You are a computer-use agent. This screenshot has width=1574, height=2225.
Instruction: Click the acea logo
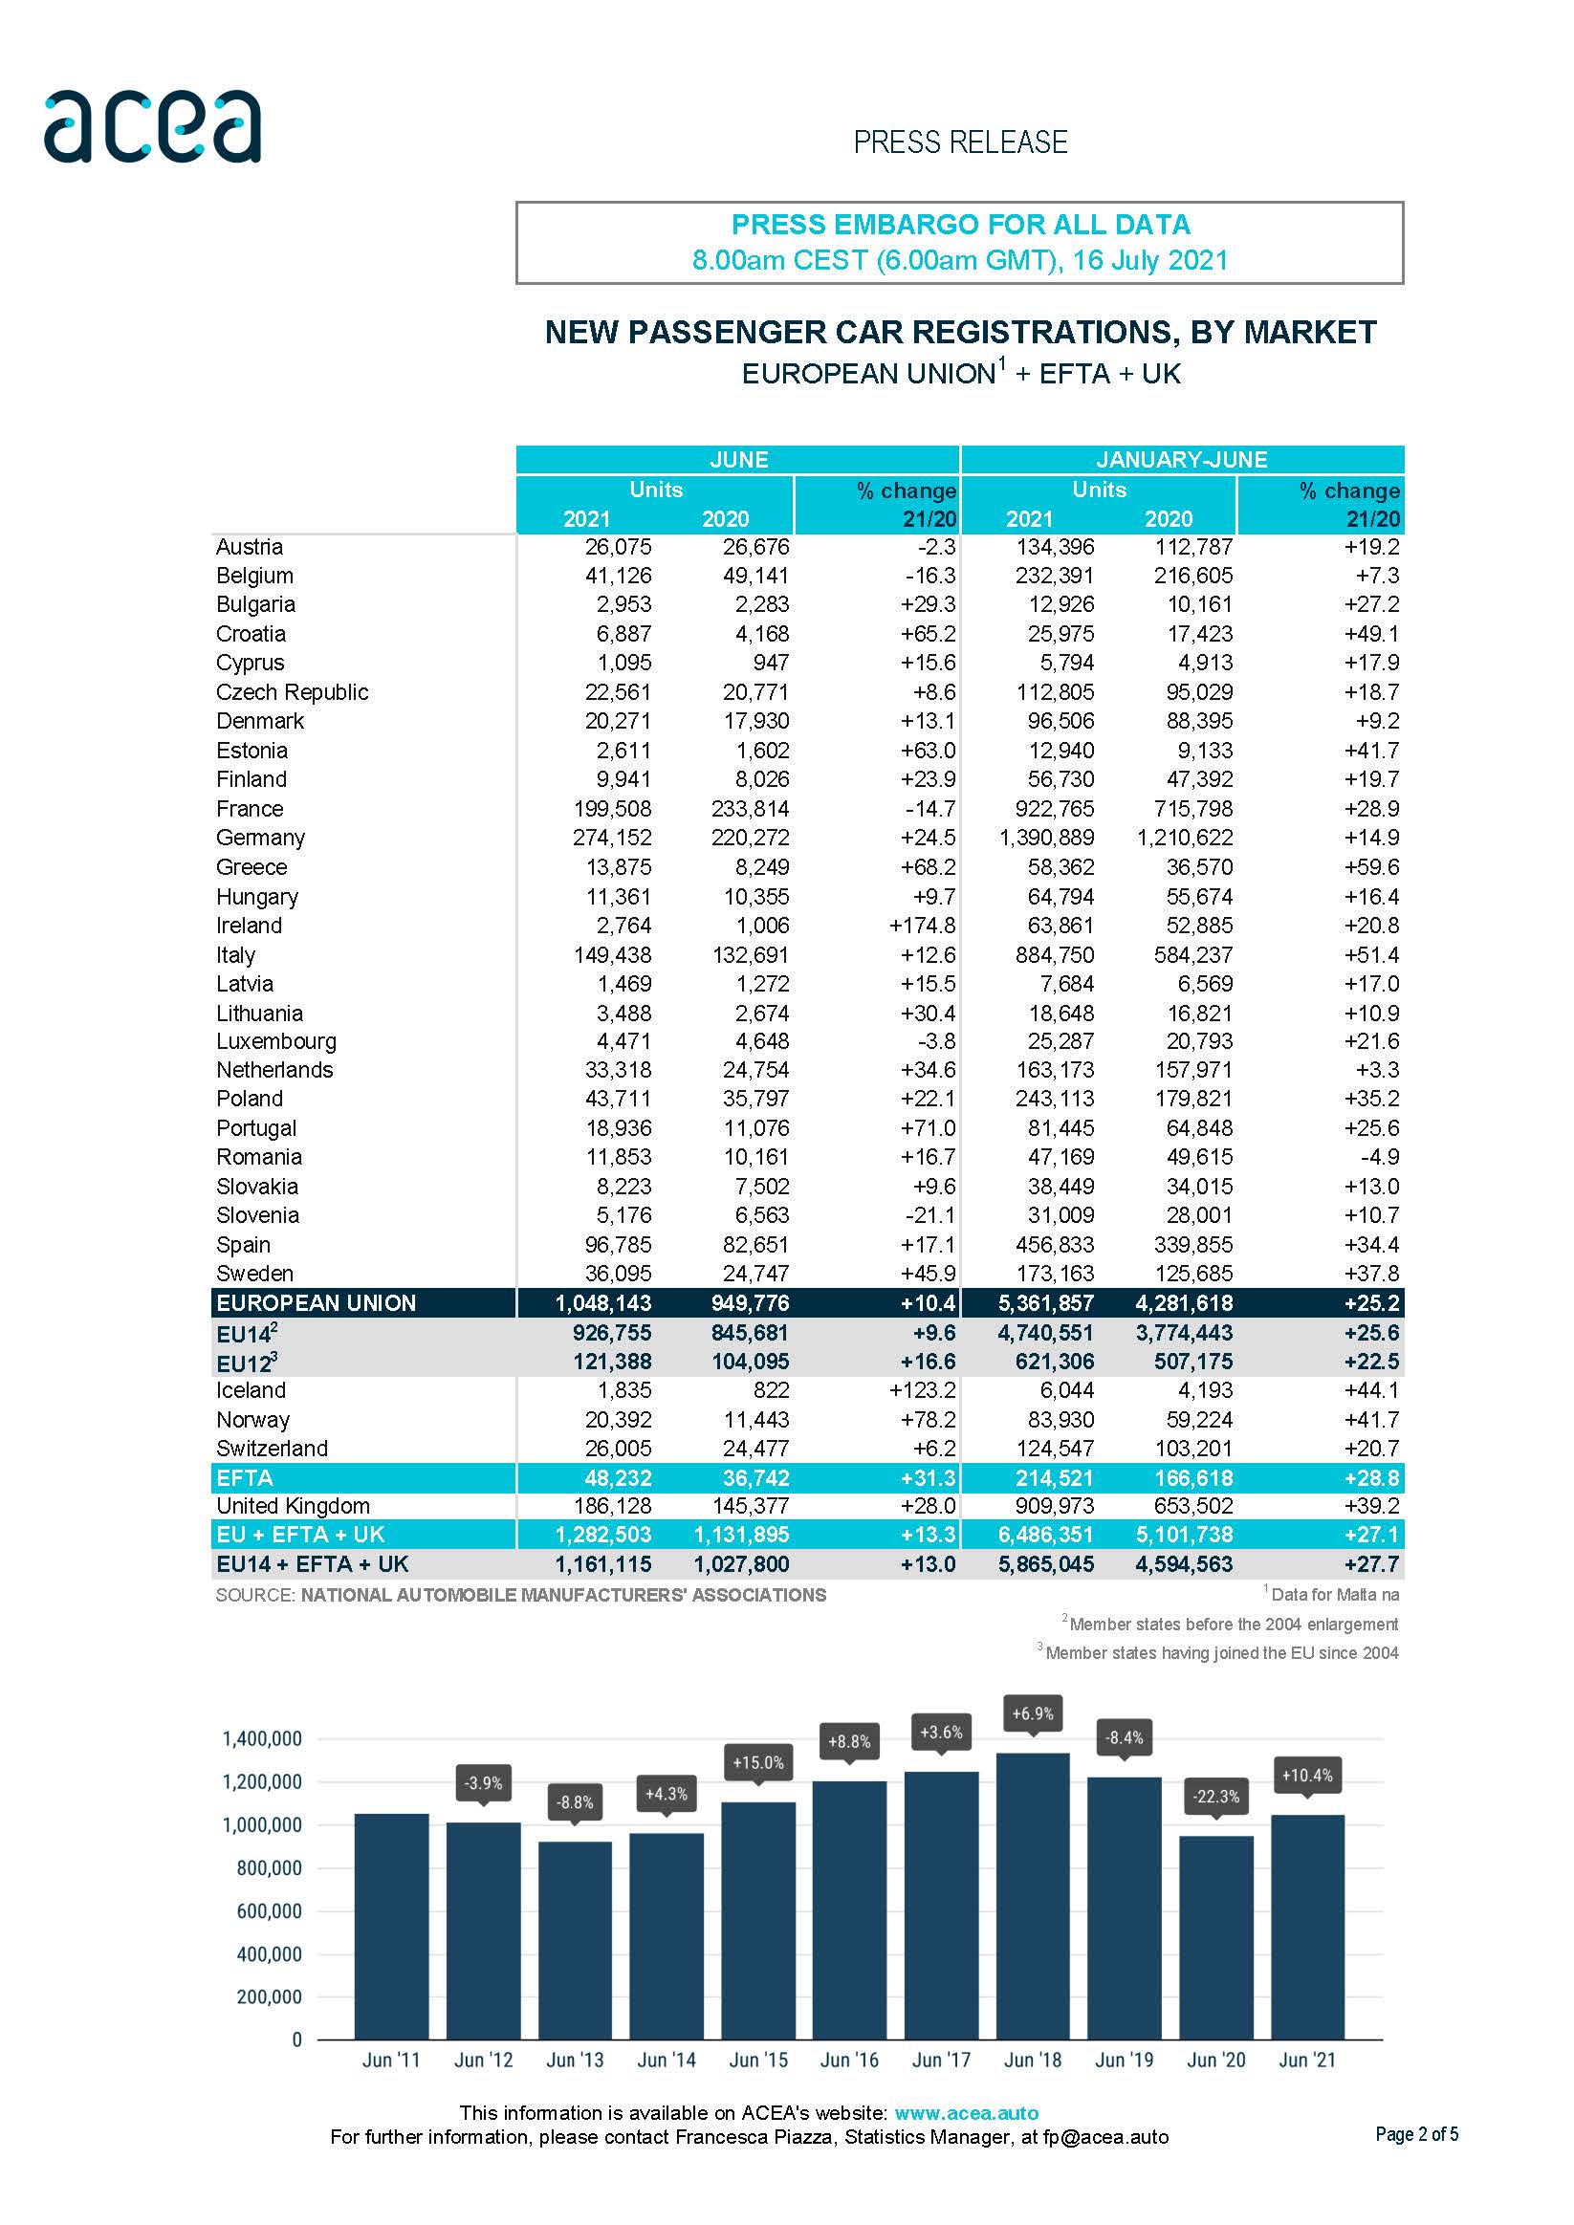coord(152,126)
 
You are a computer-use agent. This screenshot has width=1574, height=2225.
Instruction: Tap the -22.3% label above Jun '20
coord(1215,1796)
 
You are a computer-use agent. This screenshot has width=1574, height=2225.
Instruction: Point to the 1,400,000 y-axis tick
coord(263,1738)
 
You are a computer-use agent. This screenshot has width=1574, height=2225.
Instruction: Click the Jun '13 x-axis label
coord(575,2060)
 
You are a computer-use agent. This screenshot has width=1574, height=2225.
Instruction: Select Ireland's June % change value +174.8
coord(922,926)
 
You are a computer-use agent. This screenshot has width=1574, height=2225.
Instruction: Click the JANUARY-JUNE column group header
coord(1182,459)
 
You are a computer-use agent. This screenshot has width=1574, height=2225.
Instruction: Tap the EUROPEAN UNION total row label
coord(316,1302)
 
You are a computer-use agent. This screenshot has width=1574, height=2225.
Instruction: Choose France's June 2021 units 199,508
coord(613,808)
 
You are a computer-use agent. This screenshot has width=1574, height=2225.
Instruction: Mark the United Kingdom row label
coord(293,1506)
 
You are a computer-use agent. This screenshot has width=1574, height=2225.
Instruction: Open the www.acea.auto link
coord(967,2112)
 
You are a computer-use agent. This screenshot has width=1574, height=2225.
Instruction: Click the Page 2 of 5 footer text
coord(1416,2134)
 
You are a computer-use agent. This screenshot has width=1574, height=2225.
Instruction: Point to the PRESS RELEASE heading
coord(959,142)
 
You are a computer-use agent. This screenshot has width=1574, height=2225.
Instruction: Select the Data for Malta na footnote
coord(1334,1595)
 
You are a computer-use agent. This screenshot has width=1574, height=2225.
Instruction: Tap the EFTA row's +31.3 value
coord(929,1478)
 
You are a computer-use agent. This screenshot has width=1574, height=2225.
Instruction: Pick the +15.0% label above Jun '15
coord(758,1763)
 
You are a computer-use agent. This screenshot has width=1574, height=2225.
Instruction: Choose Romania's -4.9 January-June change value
coord(1380,1157)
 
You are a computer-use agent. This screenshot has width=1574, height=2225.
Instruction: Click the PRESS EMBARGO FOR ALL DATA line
coord(959,225)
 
